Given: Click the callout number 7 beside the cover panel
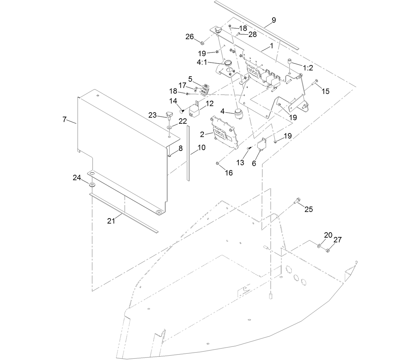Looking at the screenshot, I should tap(65, 120).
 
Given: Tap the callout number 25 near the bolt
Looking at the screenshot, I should tap(308, 209).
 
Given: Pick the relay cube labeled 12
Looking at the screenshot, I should tap(195, 110).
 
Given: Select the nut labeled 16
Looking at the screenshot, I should tap(217, 164).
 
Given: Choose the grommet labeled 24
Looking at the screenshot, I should tap(91, 185).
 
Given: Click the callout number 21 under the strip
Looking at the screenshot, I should tap(111, 221).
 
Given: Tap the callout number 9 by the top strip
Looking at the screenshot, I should tap(274, 20).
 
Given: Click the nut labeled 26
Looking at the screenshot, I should tap(202, 43).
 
